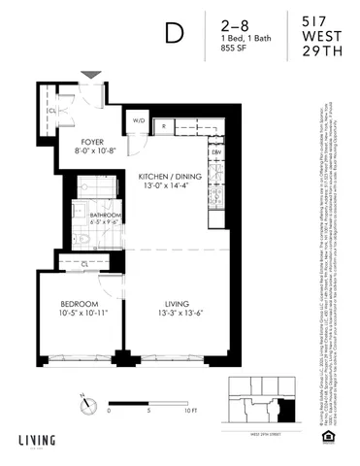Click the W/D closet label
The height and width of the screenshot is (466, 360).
coord(139,122)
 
